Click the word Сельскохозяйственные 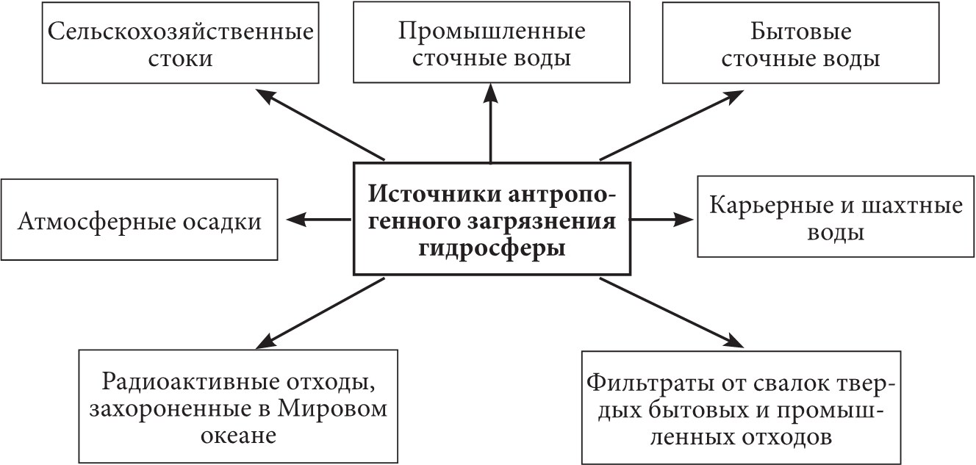pyautogui.click(x=180, y=32)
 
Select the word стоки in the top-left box pyautogui.click(x=179, y=58)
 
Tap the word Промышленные pyautogui.click(x=492, y=32)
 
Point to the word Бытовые pyautogui.click(x=800, y=32)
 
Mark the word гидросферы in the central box pyautogui.click(x=490, y=248)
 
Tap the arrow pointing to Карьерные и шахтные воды pyautogui.click(x=662, y=218)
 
